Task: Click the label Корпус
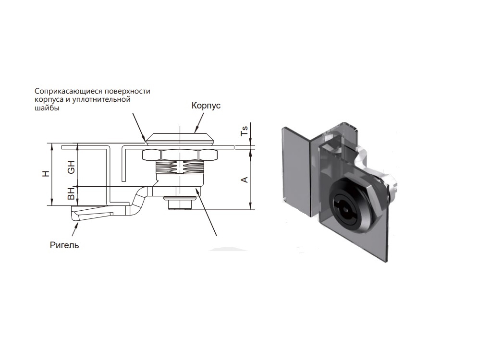click(x=206, y=106)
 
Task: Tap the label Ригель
click(x=64, y=245)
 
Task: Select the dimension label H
click(x=46, y=174)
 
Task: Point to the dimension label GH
click(x=72, y=167)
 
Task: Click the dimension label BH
click(x=72, y=193)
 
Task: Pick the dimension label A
click(x=245, y=180)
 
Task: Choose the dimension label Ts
click(x=245, y=130)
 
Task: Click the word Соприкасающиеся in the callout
click(x=68, y=91)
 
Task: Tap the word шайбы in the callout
click(x=47, y=108)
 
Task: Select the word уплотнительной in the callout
click(x=101, y=100)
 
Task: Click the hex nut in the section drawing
click(x=180, y=155)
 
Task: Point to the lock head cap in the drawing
click(x=180, y=138)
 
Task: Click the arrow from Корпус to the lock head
click(x=199, y=123)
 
